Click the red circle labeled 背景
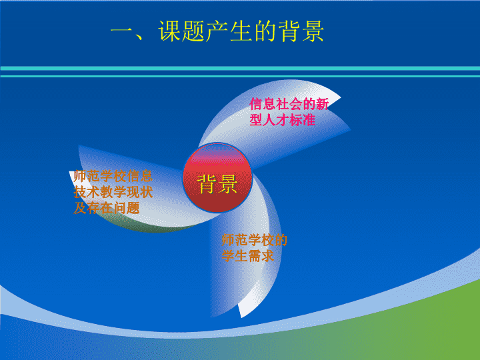(217, 177)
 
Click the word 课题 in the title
(182, 31)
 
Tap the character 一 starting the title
(122, 31)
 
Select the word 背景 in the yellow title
(301, 31)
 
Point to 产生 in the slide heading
(229, 31)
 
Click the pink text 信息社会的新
(289, 104)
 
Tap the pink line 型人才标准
(282, 120)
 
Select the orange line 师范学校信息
(113, 176)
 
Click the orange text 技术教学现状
(113, 192)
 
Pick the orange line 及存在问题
(107, 208)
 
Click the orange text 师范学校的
(255, 240)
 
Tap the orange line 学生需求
(247, 256)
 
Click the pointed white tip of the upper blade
(340, 98)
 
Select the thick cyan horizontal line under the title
(240, 68)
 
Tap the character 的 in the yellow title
(265, 31)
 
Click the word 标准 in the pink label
(303, 120)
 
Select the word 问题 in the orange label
(127, 208)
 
